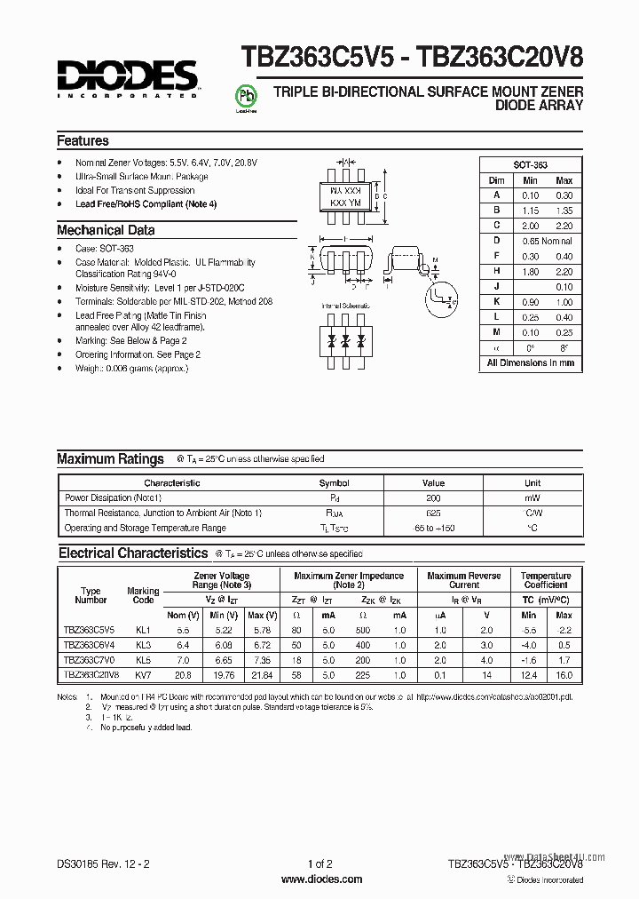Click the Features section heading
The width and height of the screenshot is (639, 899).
(83, 141)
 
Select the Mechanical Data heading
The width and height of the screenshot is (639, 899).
(106, 230)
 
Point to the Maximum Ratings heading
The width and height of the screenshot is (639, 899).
(110, 459)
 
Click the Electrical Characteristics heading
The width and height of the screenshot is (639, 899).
(133, 553)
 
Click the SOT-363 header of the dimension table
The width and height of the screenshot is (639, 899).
(531, 165)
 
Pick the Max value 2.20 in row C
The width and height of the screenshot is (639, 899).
(564, 226)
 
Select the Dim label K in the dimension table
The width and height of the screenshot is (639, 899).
(497, 302)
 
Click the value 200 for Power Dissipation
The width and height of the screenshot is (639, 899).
(432, 498)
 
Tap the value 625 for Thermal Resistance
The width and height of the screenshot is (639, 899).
(432, 513)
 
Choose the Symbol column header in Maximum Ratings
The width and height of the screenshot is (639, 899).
(334, 483)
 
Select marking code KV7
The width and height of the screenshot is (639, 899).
(143, 675)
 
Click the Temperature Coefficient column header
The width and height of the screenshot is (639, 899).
(546, 581)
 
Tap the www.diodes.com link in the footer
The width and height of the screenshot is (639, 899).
(320, 879)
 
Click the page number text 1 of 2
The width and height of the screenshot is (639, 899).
(319, 863)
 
